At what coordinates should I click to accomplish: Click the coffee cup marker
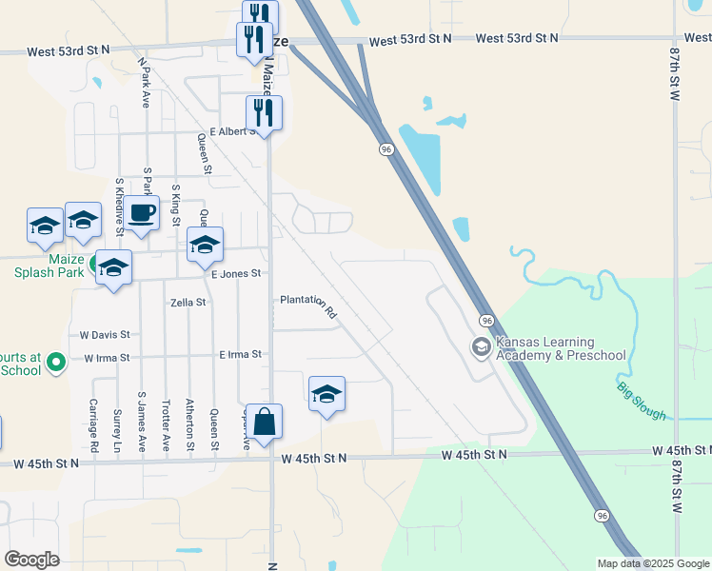pos(142,214)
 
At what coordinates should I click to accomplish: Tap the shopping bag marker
pos(267,422)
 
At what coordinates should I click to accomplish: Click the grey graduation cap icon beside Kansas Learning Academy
pos(482,347)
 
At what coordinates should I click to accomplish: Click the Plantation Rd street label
pos(309,305)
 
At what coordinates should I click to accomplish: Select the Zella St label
pos(188,303)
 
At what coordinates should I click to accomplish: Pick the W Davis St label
pos(105,335)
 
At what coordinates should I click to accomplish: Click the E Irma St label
pos(240,354)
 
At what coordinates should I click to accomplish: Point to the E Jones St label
pos(236,274)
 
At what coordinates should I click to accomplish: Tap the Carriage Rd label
pos(95,423)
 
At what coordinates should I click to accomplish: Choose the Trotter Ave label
pos(166,423)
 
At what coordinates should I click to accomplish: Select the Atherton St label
pos(189,423)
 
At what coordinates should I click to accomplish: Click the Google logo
pos(31,559)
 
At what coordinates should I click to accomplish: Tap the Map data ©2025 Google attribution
pos(653,563)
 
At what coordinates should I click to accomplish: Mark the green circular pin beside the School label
pos(55,362)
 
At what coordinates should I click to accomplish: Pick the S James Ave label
pos(142,421)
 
